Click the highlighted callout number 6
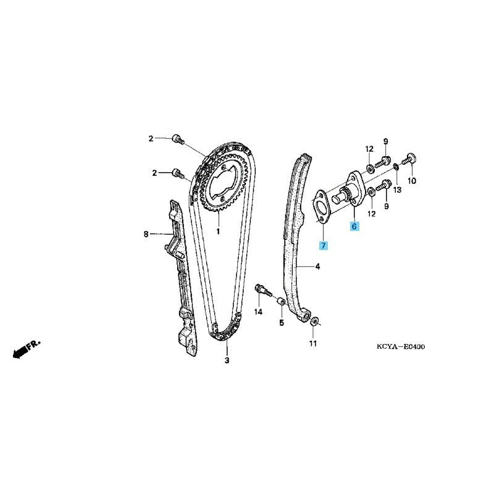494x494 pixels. (354, 226)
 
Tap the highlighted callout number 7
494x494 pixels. (323, 245)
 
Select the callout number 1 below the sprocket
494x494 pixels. (218, 232)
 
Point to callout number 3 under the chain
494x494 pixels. (227, 361)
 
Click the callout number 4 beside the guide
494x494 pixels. (317, 267)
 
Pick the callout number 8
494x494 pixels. (146, 234)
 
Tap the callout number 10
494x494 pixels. (412, 181)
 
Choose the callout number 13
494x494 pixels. (397, 190)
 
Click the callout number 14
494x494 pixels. (258, 312)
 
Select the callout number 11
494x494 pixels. (312, 343)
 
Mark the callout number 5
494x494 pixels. (282, 323)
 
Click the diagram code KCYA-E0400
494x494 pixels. (401, 347)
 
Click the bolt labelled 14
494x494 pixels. (262, 290)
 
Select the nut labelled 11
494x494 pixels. (314, 322)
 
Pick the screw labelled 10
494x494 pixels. (409, 159)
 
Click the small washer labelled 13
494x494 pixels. (396, 166)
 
